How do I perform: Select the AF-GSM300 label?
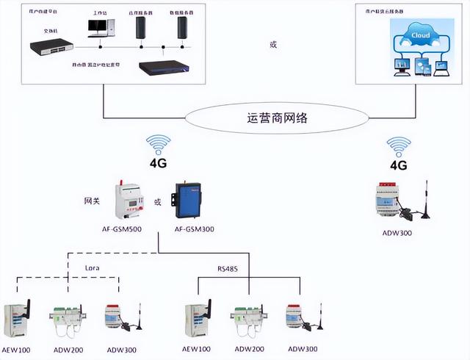tap(195, 228)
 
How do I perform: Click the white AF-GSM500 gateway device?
tap(129, 200)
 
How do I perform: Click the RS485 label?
tap(227, 269)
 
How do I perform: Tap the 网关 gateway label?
tap(92, 200)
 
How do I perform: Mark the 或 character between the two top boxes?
tap(274, 46)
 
